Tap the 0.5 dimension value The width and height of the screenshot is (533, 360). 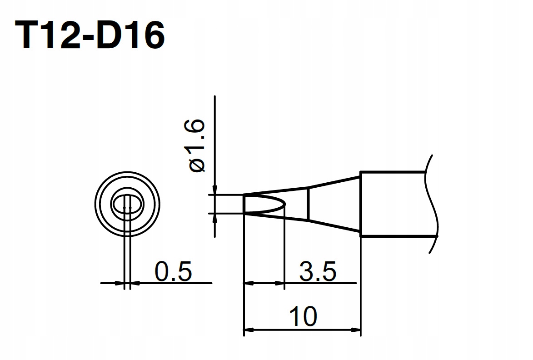173,272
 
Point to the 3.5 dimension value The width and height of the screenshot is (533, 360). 318,272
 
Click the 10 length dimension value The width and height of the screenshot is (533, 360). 303,316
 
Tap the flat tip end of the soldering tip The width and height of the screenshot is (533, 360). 244,204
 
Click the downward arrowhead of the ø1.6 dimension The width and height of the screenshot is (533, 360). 214,190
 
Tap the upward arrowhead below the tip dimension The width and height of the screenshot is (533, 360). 214,218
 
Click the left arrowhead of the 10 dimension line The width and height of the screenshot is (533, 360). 248,329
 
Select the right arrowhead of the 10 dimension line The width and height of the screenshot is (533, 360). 356,329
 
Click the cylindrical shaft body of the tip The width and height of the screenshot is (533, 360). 393,204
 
